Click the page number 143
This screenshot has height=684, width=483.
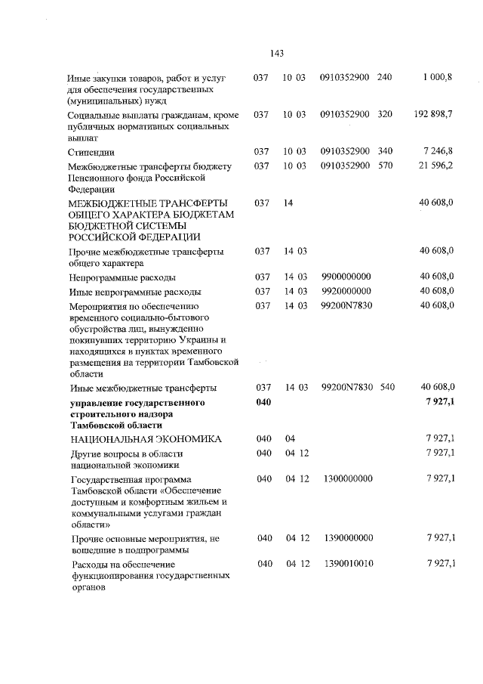click(x=275, y=53)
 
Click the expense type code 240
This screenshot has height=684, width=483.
click(x=384, y=78)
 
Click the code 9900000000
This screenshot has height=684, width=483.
click(x=346, y=277)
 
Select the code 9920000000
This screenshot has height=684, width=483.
click(x=346, y=291)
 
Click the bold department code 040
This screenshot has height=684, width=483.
click(x=263, y=401)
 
